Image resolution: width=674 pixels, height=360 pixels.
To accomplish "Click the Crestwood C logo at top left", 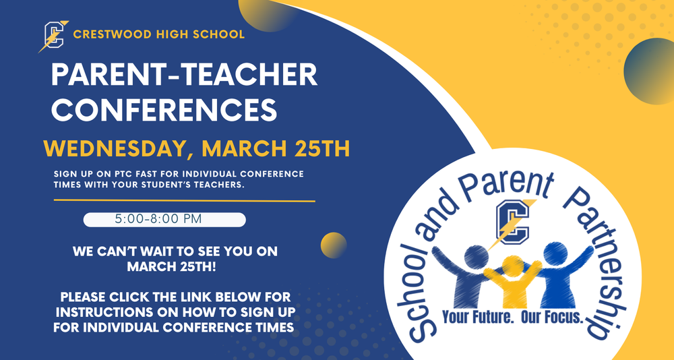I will (53, 36).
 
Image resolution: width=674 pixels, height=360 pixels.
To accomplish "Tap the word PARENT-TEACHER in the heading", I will (184, 76).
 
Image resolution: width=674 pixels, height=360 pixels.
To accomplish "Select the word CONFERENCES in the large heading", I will (164, 109).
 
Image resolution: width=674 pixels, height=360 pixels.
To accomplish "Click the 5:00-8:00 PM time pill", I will (164, 220).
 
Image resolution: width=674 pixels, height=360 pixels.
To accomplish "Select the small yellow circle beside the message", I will (333, 245).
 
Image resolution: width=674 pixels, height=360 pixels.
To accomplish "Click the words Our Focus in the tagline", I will (551, 316).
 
